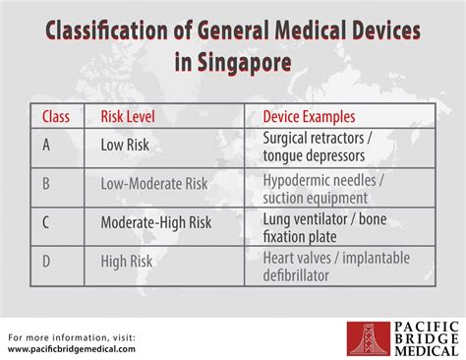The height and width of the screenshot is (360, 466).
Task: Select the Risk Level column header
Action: (128, 116)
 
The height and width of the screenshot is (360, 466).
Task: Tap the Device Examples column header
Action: (311, 116)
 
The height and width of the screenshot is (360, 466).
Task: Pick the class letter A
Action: (47, 146)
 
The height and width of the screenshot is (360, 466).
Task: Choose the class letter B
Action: (47, 183)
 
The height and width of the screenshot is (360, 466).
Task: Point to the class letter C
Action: (47, 222)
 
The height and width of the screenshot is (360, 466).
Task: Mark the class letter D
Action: (47, 261)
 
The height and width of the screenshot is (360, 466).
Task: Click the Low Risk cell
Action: (125, 146)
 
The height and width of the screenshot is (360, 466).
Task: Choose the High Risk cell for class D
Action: (128, 261)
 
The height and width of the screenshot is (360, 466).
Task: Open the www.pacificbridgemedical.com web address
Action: (72, 347)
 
